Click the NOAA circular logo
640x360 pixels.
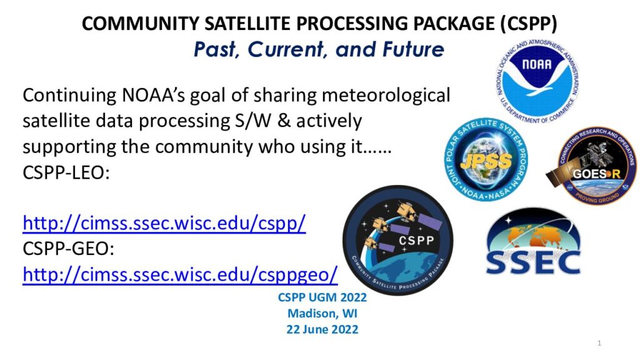[537, 82]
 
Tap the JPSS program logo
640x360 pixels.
[486, 159]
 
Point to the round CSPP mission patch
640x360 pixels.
[398, 240]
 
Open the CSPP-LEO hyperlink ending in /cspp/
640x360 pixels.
[164, 223]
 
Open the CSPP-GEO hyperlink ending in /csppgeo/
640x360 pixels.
[180, 274]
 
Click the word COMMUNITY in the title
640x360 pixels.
[141, 23]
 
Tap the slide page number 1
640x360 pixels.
[599, 343]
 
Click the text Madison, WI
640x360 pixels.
[322, 314]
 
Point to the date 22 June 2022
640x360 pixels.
[322, 329]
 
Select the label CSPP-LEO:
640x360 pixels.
[66, 172]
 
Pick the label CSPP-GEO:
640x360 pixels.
[68, 249]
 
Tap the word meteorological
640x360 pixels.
[386, 95]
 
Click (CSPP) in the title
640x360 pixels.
[529, 23]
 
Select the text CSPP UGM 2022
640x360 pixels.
[322, 297]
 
